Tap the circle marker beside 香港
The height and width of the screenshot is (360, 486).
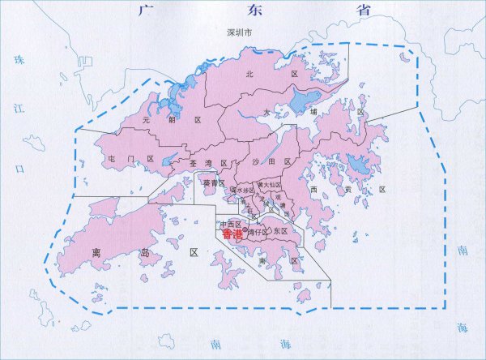pos(245,230)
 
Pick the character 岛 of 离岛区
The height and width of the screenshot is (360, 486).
pos(143,252)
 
